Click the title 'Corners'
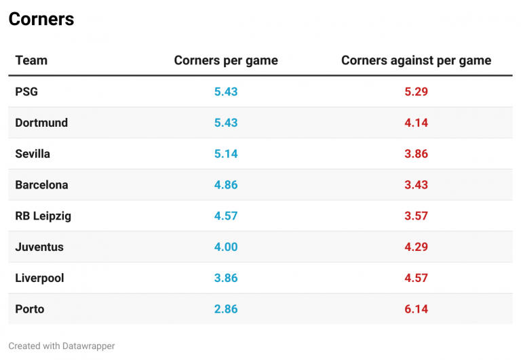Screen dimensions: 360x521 [41, 20]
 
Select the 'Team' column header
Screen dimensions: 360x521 [31, 60]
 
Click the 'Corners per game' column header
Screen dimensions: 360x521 [226, 60]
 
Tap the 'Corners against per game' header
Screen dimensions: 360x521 [416, 60]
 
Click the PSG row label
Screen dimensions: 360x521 [26, 92]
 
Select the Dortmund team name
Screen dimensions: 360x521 [41, 123]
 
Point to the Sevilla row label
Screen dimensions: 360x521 [33, 154]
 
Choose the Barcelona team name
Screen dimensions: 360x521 [41, 185]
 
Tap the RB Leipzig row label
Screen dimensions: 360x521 [43, 216]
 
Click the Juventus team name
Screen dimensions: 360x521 [39, 247]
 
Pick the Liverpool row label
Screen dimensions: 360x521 [39, 279]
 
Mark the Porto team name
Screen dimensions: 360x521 [30, 309]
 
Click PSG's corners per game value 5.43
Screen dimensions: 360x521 [226, 92]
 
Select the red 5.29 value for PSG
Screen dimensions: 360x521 [416, 92]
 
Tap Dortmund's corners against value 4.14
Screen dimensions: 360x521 [416, 123]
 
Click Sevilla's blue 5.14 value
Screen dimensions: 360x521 [226, 154]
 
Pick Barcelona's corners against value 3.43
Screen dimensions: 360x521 [416, 185]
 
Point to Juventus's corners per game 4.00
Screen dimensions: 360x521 [226, 247]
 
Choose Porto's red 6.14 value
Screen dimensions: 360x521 [416, 309]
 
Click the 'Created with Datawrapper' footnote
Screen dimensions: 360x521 [62, 346]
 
